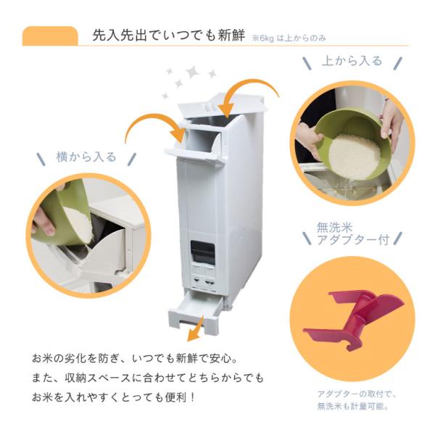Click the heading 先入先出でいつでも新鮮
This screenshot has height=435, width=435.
[169, 36]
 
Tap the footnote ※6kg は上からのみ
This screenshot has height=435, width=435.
[289, 38]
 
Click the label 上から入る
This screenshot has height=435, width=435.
[352, 61]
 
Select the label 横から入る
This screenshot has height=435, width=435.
[86, 157]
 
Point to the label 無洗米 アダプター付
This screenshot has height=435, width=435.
[353, 234]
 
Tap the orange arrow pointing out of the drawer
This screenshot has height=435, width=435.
[196, 329]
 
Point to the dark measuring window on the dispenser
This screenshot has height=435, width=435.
[202, 252]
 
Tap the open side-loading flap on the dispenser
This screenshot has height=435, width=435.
[194, 152]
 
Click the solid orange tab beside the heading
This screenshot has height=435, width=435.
[50, 36]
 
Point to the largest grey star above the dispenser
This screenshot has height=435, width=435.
[192, 72]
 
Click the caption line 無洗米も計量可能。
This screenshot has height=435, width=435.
[352, 407]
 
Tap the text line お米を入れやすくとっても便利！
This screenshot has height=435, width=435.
[114, 398]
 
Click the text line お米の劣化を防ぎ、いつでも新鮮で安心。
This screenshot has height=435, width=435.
[135, 359]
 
